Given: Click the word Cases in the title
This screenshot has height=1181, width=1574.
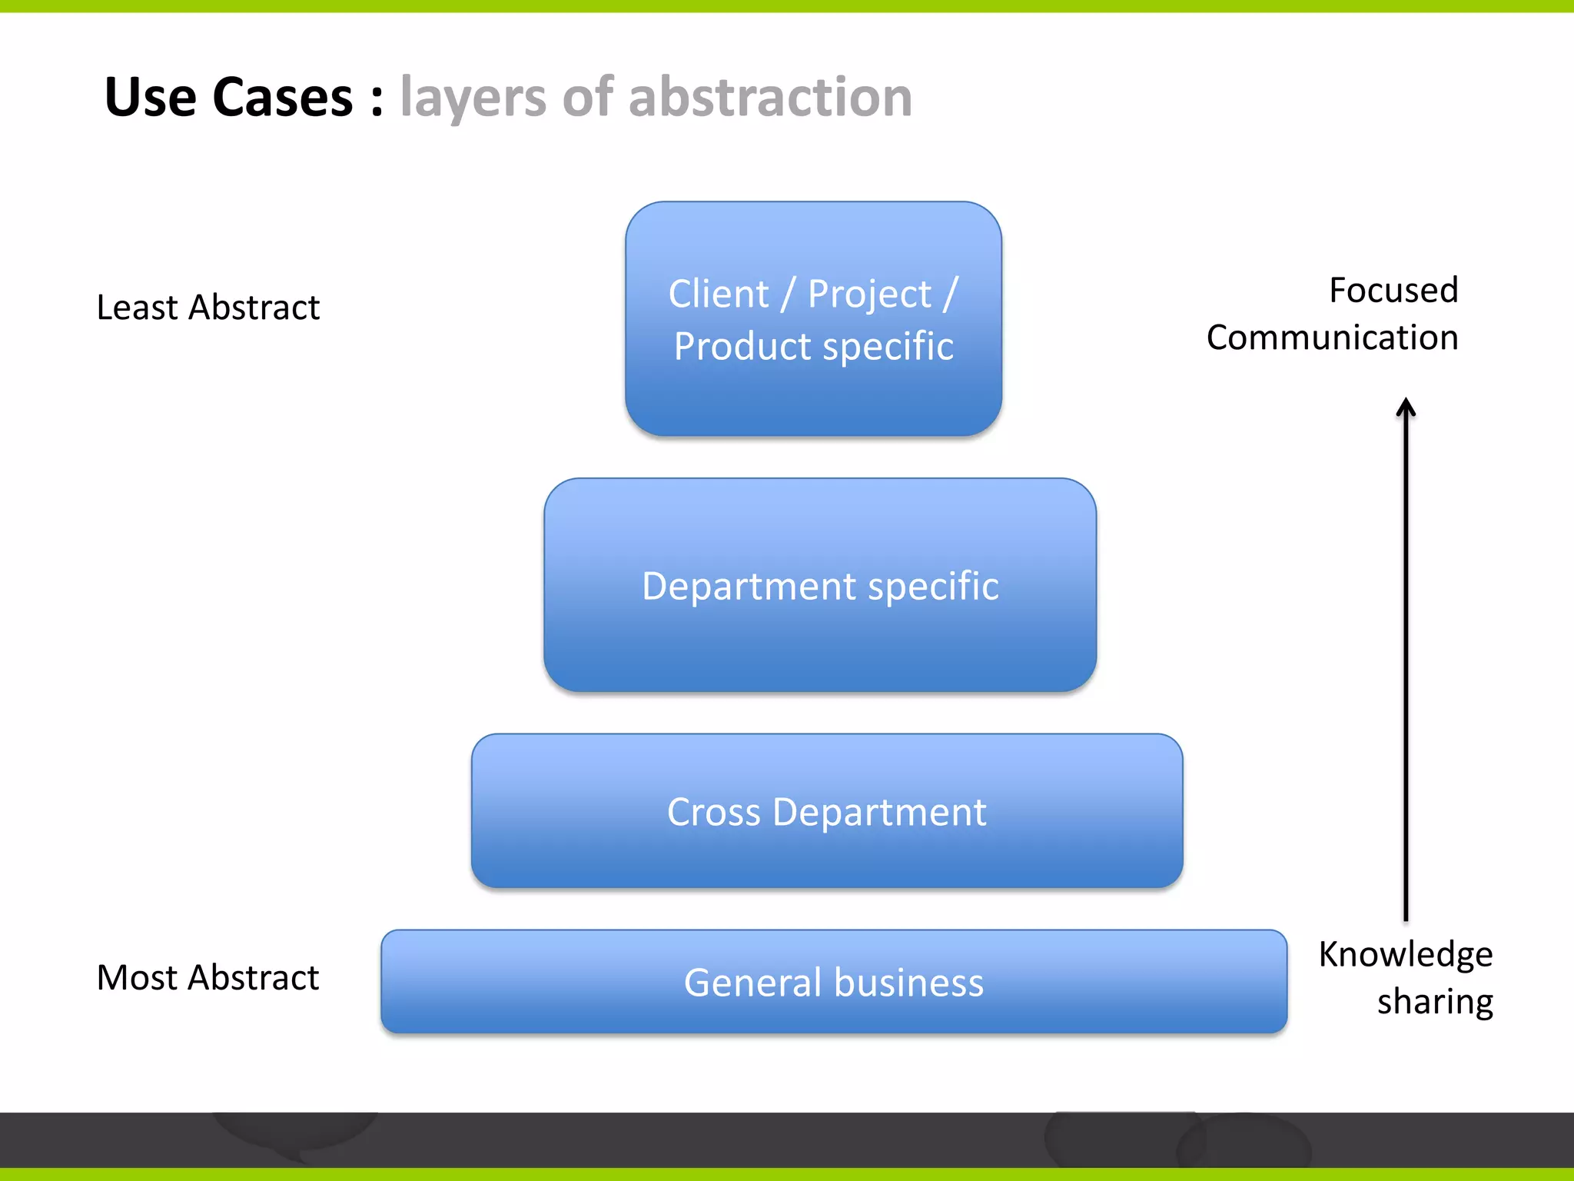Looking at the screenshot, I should pos(282,98).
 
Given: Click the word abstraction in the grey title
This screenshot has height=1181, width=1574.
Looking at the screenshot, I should pos(770,98).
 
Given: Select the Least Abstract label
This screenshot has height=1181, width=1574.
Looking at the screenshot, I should pos(208,308).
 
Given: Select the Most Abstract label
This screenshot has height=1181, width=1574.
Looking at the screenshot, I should pos(208,978).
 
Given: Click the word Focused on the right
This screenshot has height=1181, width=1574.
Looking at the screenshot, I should pos(1393,291).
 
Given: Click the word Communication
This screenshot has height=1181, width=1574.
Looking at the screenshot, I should pos(1332,338).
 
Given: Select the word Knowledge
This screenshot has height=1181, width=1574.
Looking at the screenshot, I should pos(1406,954).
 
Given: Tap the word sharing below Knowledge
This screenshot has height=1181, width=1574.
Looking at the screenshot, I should pos(1435,1002).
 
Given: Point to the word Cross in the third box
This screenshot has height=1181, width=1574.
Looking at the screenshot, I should pos(713,813).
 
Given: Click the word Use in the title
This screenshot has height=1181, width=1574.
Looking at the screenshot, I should pos(151,98).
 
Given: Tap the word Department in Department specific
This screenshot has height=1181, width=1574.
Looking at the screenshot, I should pos(749,587).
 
